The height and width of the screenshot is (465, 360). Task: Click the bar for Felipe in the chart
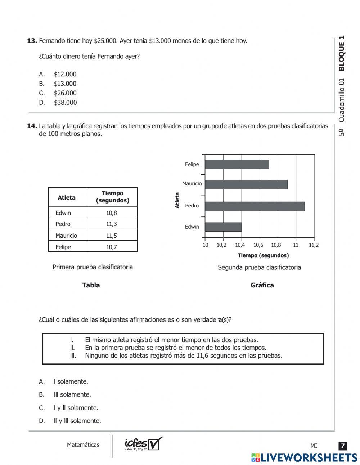237,164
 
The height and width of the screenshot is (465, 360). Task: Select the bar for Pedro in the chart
255,206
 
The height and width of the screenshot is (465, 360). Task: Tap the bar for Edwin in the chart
223,227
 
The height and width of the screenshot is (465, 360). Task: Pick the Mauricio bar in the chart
246,184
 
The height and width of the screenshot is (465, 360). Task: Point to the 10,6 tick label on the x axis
258,245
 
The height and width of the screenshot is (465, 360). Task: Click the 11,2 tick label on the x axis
314,245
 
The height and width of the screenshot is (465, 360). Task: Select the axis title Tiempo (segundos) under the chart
263,255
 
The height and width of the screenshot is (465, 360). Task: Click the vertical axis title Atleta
177,200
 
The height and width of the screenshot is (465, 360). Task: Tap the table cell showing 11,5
112,236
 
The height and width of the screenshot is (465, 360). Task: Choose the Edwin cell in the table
63,213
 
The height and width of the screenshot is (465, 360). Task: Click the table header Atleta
67,197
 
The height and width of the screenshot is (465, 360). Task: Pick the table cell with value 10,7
112,247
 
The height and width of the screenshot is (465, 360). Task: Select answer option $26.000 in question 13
65,93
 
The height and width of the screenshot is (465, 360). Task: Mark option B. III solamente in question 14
72,395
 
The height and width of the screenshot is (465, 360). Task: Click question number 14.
32,126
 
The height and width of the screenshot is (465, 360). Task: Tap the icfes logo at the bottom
143,444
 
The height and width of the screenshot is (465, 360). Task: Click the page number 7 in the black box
343,446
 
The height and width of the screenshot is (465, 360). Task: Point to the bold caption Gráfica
262,285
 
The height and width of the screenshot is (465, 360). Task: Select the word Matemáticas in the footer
83,445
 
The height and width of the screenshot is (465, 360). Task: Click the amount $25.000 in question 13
105,41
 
